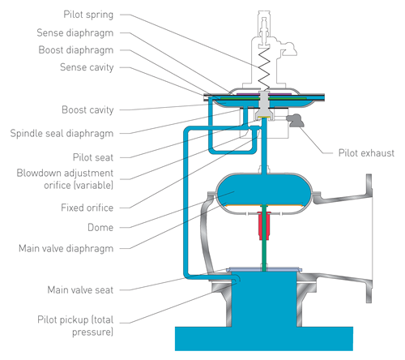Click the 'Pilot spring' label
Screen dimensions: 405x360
[x=88, y=15]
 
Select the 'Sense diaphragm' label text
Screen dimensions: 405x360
[x=75, y=33]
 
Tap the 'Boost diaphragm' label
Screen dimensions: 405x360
[x=76, y=50]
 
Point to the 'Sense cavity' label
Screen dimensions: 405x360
[x=87, y=67]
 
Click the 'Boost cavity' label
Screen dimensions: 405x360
[x=87, y=110]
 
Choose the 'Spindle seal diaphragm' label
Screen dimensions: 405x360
[x=62, y=134]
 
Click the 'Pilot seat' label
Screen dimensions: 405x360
[x=93, y=157]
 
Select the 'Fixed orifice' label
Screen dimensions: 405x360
[x=87, y=208]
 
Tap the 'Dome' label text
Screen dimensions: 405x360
[x=100, y=228]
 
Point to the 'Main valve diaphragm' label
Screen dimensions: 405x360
[x=66, y=249]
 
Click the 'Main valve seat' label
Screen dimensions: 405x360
[x=80, y=290]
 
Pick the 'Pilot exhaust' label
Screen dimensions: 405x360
[x=366, y=153]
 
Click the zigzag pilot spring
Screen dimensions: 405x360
[x=264, y=70]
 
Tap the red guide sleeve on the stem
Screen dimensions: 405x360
[x=264, y=226]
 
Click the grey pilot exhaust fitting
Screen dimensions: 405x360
[x=295, y=120]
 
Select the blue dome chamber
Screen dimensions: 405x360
[x=264, y=190]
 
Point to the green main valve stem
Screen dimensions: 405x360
[x=264, y=238]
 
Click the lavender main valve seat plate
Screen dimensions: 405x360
[x=264, y=269]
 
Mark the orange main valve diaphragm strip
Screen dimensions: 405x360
[x=264, y=205]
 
